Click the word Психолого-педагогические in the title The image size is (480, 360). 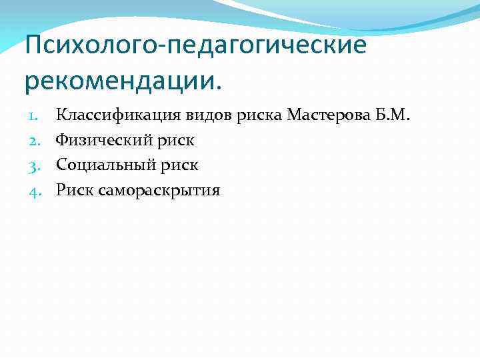pos(195,47)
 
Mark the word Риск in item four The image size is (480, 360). pos(74,191)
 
